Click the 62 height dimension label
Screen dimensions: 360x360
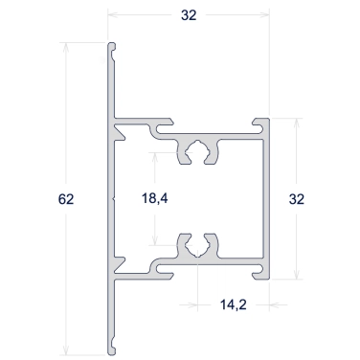click(x=66, y=199)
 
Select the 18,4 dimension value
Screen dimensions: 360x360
click(x=155, y=198)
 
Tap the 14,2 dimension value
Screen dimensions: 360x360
click(x=234, y=305)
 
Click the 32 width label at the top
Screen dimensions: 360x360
click(x=189, y=15)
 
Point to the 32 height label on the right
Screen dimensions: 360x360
click(x=297, y=199)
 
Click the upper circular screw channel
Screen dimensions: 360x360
click(x=198, y=151)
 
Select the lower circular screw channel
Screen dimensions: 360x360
click(x=198, y=246)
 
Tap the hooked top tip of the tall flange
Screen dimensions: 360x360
click(x=112, y=47)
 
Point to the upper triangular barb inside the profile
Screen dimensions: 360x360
click(x=119, y=132)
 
